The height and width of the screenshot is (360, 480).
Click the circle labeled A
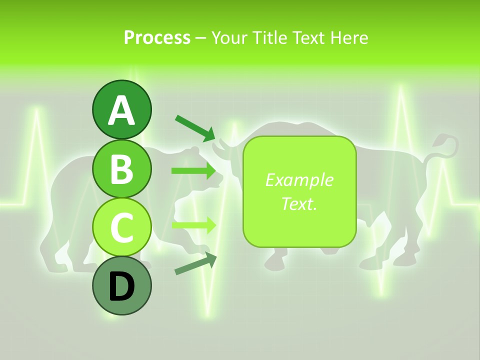[121, 109]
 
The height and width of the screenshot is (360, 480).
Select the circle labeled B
[121, 168]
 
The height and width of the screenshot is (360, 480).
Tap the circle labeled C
[121, 227]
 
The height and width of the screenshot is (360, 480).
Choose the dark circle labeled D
[121, 286]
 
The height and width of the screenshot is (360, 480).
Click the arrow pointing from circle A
[195, 127]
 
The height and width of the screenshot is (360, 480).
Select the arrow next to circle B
[194, 171]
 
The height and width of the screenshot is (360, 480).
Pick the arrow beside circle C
[194, 225]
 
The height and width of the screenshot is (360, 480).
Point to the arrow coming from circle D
[195, 263]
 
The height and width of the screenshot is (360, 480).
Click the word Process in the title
[157, 37]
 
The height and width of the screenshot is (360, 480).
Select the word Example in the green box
[299, 180]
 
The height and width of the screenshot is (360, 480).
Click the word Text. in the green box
[299, 203]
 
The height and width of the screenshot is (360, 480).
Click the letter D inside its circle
[121, 287]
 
